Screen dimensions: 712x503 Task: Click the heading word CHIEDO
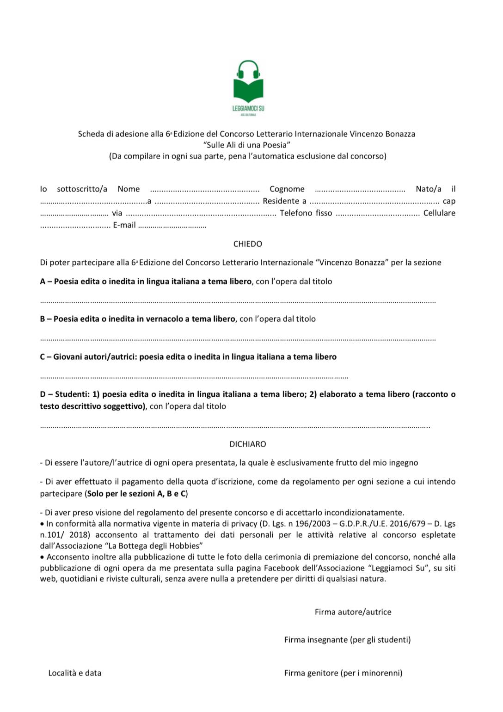click(x=248, y=244)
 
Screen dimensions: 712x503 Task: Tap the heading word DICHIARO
click(x=248, y=444)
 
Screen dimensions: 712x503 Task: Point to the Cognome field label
click(x=287, y=189)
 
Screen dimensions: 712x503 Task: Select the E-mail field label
click(x=124, y=225)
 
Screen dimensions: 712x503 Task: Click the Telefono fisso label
click(x=306, y=213)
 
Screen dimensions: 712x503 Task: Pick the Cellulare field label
click(x=439, y=213)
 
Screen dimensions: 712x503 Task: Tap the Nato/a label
click(x=428, y=189)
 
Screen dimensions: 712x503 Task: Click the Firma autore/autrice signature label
click(x=353, y=612)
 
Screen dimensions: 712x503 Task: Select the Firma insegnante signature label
click(x=347, y=640)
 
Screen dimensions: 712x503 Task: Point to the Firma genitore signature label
click(x=343, y=673)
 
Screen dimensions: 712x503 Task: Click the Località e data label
click(x=75, y=673)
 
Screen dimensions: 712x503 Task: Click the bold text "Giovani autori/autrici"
click(x=94, y=357)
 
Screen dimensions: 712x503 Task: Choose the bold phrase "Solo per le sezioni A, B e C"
click(x=136, y=494)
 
